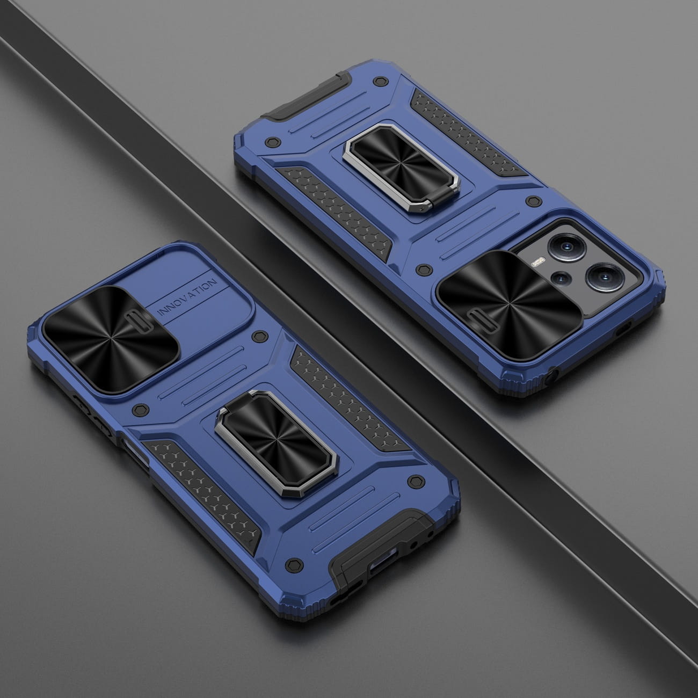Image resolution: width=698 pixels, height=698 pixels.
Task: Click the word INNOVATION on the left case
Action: (x=188, y=296)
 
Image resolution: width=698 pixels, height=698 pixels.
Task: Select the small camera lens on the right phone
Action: (x=561, y=278)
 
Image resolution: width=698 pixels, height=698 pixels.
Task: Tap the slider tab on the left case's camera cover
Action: (x=137, y=322)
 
